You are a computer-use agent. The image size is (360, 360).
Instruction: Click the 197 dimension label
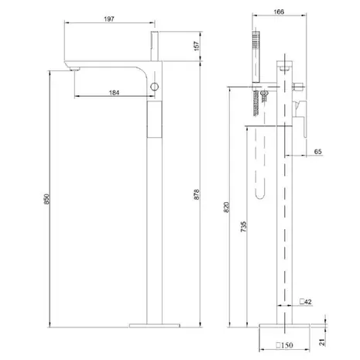pos(109,19)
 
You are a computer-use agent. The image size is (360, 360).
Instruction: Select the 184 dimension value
pos(114,92)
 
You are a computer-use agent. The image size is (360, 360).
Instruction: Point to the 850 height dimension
pos(46,199)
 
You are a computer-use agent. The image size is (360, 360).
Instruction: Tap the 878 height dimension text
pos(197,194)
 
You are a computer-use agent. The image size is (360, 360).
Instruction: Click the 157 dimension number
pos(197,46)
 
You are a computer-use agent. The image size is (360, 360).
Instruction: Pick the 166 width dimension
pos(279,12)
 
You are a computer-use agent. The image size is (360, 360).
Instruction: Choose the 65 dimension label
pos(318,152)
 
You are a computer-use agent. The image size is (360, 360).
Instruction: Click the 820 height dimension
pos(226,207)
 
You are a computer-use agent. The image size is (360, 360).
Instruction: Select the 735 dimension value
pos(243,227)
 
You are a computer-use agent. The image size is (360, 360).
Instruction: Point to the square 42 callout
pos(306,301)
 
